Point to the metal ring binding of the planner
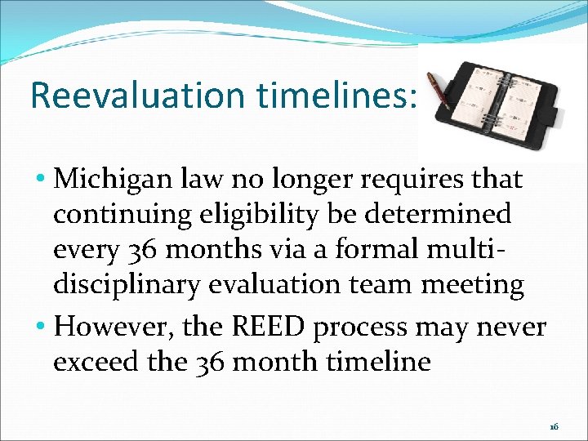(501, 103)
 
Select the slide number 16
(554, 427)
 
